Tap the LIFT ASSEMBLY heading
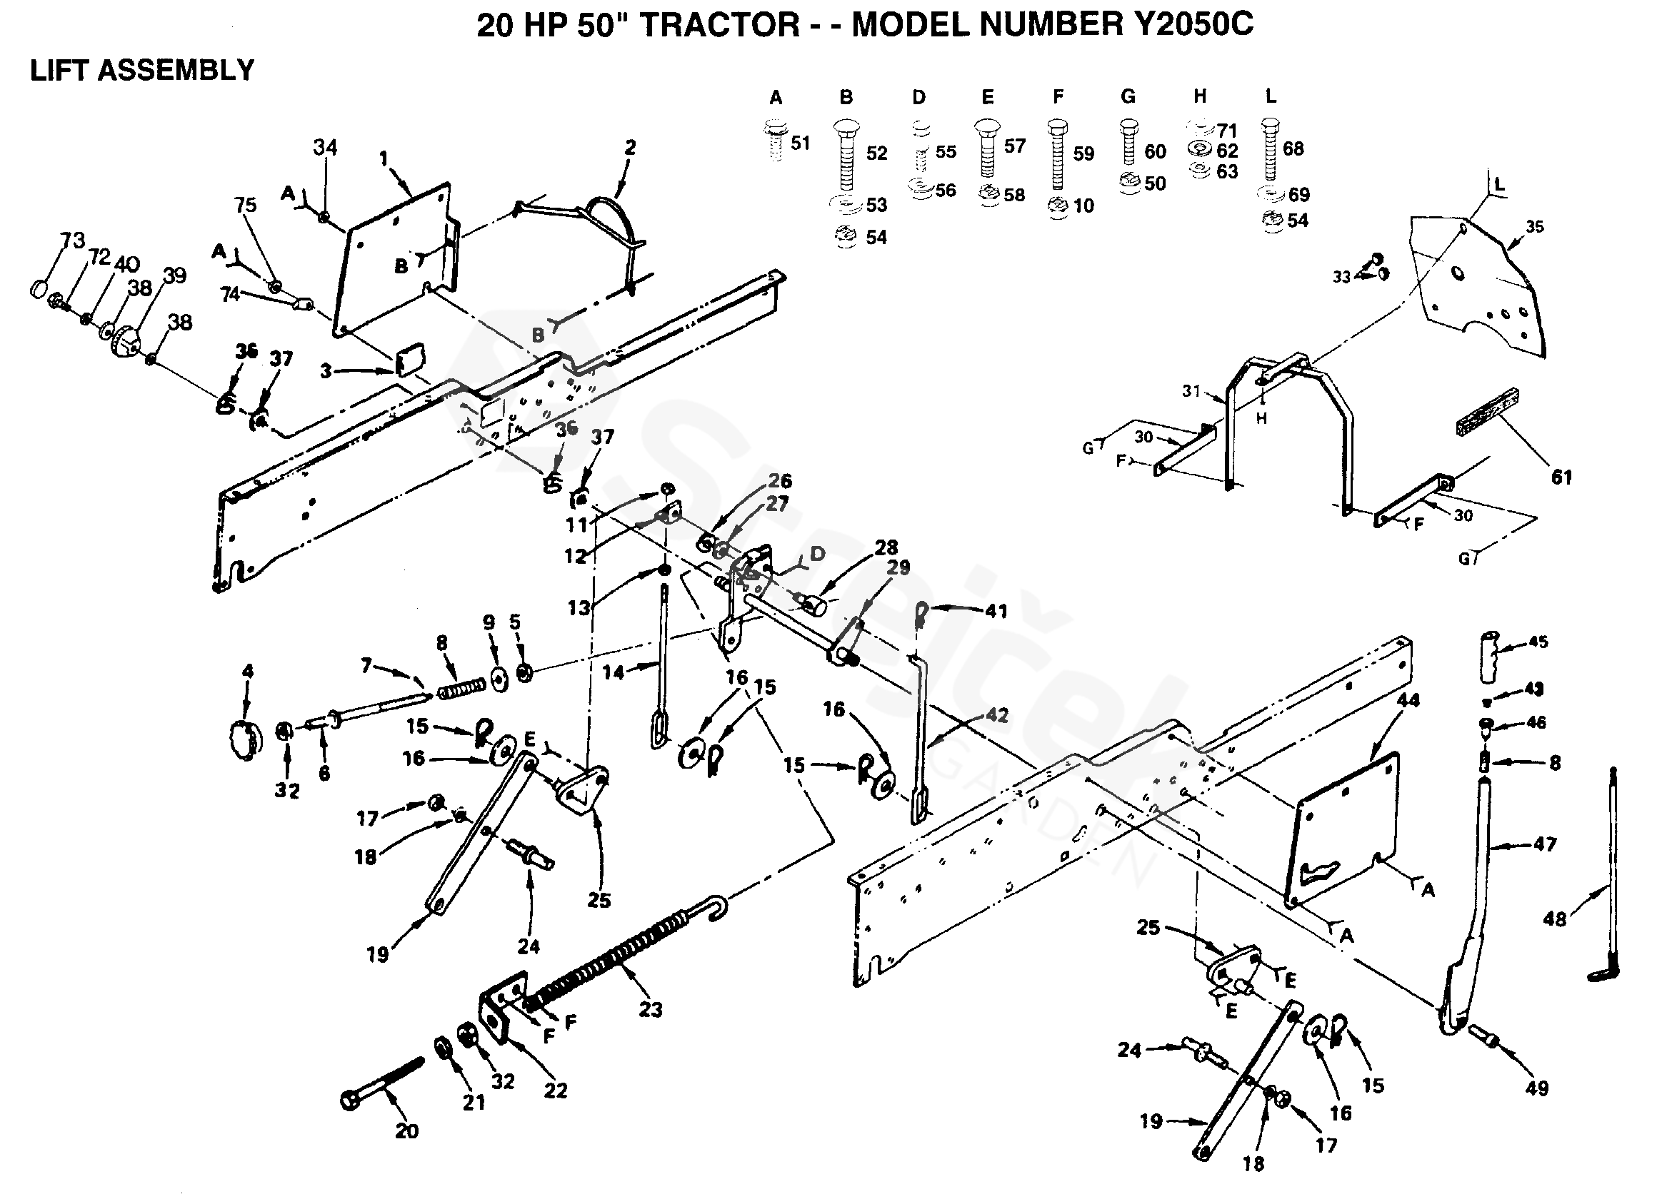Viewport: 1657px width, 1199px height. [141, 71]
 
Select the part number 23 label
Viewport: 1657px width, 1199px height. [650, 1009]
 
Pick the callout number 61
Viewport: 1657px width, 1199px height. [1561, 477]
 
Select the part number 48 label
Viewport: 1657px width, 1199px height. [1554, 919]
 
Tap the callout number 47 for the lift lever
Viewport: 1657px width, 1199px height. [1544, 844]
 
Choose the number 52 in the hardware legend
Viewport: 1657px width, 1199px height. [877, 153]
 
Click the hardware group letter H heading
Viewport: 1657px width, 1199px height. [1200, 96]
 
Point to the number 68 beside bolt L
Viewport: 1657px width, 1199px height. [1293, 148]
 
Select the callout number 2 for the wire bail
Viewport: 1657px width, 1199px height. [630, 148]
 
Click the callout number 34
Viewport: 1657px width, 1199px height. [325, 148]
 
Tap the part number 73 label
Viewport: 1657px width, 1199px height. [73, 240]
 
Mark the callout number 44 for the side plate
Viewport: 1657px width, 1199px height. [1408, 700]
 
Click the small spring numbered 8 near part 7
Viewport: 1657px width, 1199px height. [461, 688]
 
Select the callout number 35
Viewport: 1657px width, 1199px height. [1534, 226]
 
